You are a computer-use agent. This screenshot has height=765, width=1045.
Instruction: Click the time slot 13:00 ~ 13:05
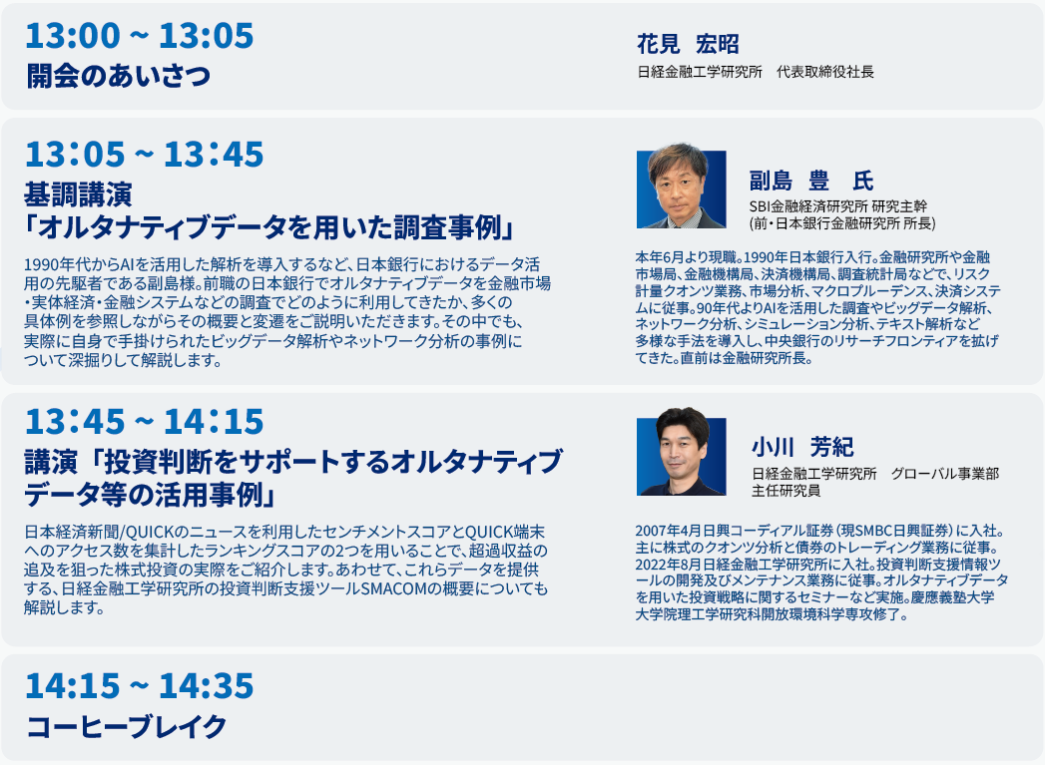point(140,35)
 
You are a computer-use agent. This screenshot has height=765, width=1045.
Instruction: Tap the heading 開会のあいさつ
point(119,75)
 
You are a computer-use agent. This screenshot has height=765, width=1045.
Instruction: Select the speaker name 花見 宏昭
point(688,44)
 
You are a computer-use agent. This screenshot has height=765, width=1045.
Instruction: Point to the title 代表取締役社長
point(825,72)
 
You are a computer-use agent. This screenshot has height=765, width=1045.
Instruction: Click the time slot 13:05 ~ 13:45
point(144,154)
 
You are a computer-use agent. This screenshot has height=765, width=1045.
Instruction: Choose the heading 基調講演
point(78,194)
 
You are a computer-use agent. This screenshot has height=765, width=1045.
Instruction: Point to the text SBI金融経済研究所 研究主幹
point(837,206)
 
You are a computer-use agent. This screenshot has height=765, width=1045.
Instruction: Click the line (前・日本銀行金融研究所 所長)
point(842,223)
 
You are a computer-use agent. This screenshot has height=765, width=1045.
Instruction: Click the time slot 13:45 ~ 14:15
point(144,421)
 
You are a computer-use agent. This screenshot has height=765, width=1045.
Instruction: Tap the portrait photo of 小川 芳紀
point(681,452)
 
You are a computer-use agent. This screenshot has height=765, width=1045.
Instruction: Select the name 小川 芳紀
point(802,447)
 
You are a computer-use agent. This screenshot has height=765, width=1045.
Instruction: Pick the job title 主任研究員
point(785,491)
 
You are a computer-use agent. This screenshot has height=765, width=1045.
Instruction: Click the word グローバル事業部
point(945,474)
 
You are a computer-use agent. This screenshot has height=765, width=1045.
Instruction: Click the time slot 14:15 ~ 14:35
point(140,686)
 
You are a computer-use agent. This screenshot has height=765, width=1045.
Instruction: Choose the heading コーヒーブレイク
point(127,726)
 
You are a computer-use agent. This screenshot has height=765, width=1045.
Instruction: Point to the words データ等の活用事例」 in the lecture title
point(151,495)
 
